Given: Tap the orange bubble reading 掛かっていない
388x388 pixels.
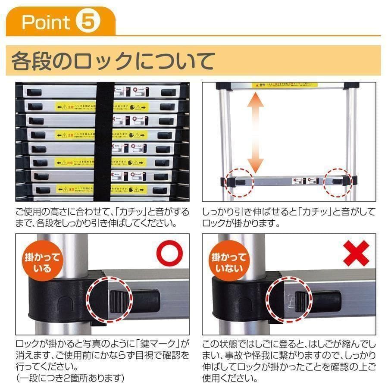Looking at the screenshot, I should (x=228, y=263).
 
